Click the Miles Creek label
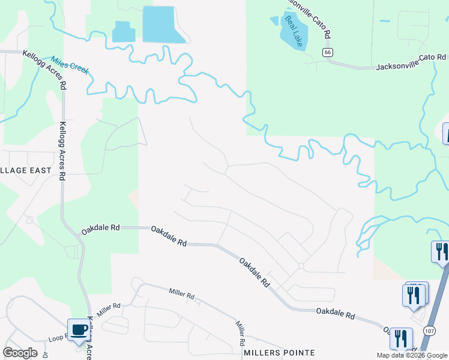pos(70,65)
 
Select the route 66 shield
pos(327,53)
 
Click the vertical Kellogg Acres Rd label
pos(62,151)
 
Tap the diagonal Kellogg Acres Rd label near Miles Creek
pos(44,69)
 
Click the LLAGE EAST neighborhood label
pos(26,170)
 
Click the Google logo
pos(20,353)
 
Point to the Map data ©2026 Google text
pos(411,355)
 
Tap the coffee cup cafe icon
pos(79,329)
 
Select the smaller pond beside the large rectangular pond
pos(124,31)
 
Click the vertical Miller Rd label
pos(241,332)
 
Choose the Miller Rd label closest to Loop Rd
pos(109,307)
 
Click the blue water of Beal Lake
pos(298,37)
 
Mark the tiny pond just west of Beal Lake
pos(274,20)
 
